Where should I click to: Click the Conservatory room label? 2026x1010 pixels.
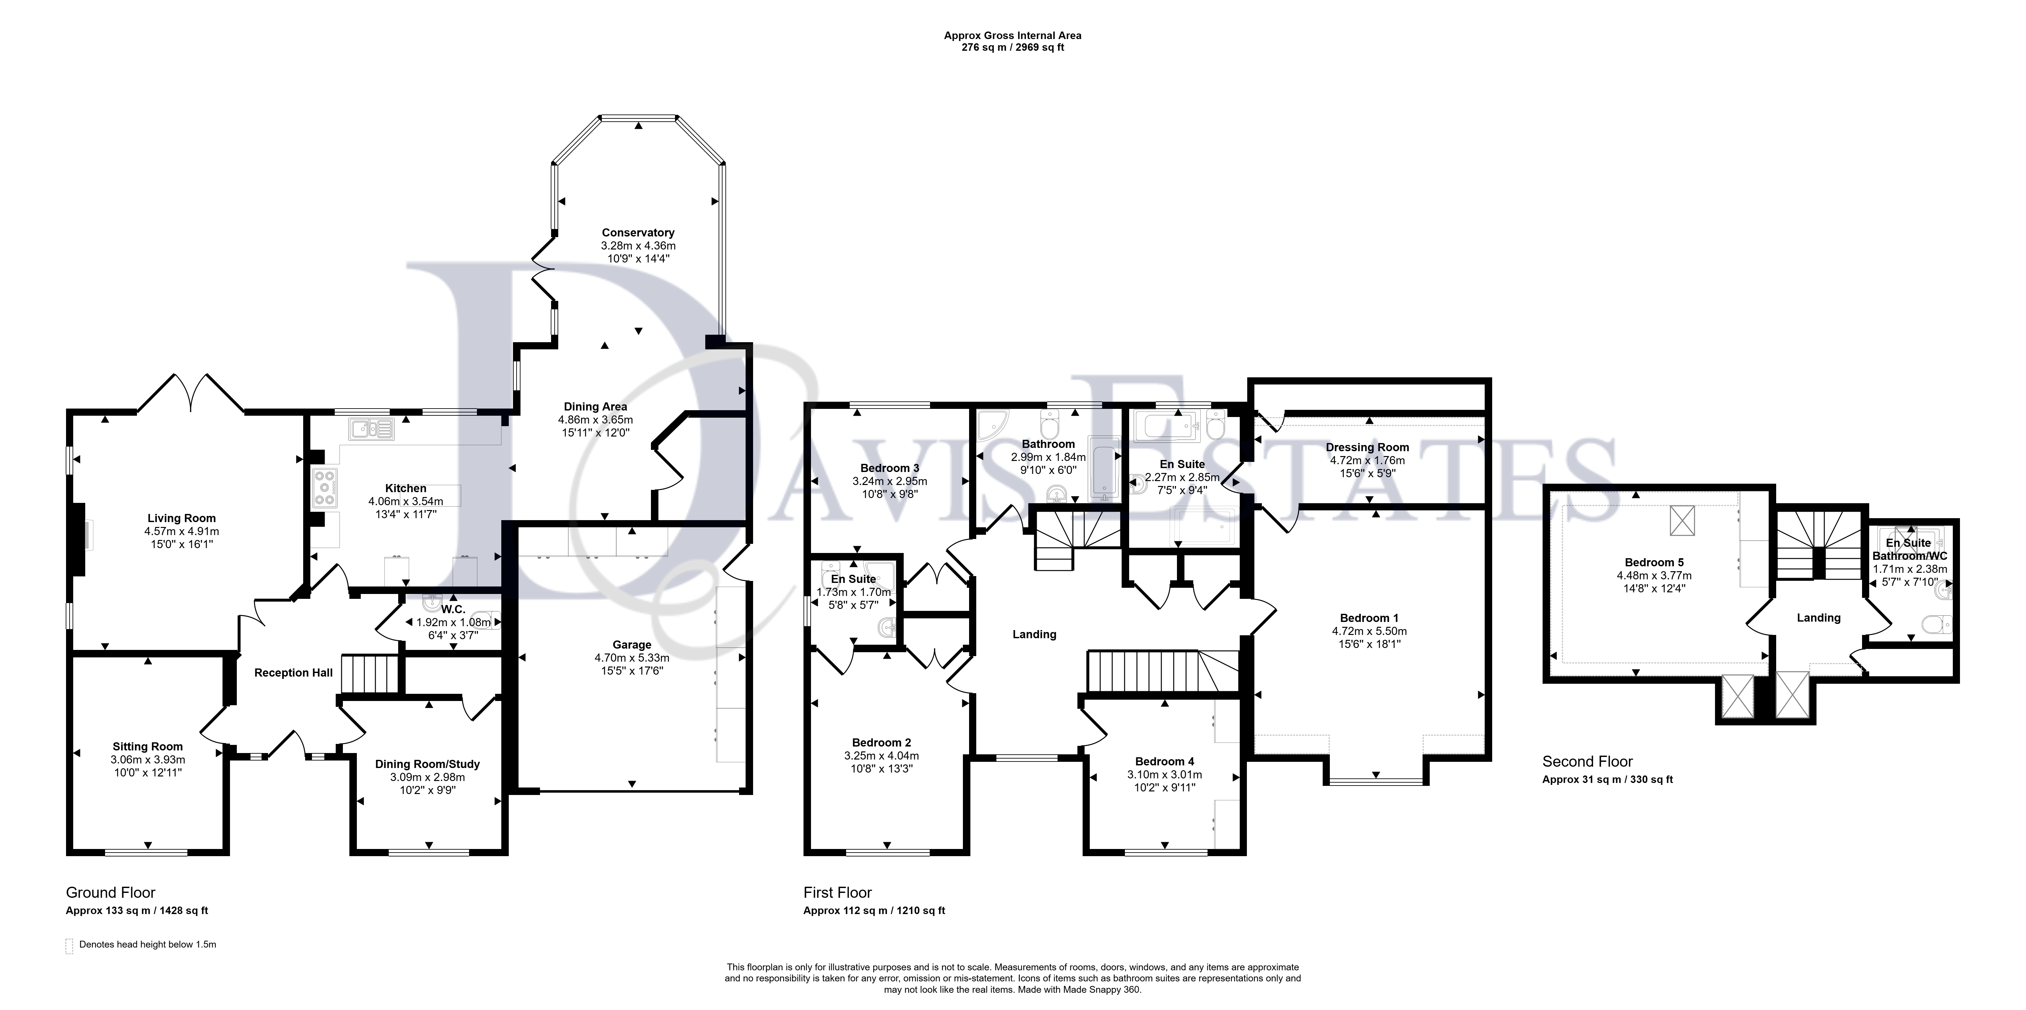point(638,233)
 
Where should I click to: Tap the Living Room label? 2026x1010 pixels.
point(182,518)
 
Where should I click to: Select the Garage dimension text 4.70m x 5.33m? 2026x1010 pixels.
point(632,658)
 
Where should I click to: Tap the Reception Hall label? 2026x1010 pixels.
point(293,673)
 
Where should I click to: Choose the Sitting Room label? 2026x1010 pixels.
point(148,747)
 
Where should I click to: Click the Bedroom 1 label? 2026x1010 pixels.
point(1369,618)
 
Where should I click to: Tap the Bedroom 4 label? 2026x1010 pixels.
point(1165,761)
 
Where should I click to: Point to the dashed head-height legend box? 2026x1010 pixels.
point(69,946)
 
